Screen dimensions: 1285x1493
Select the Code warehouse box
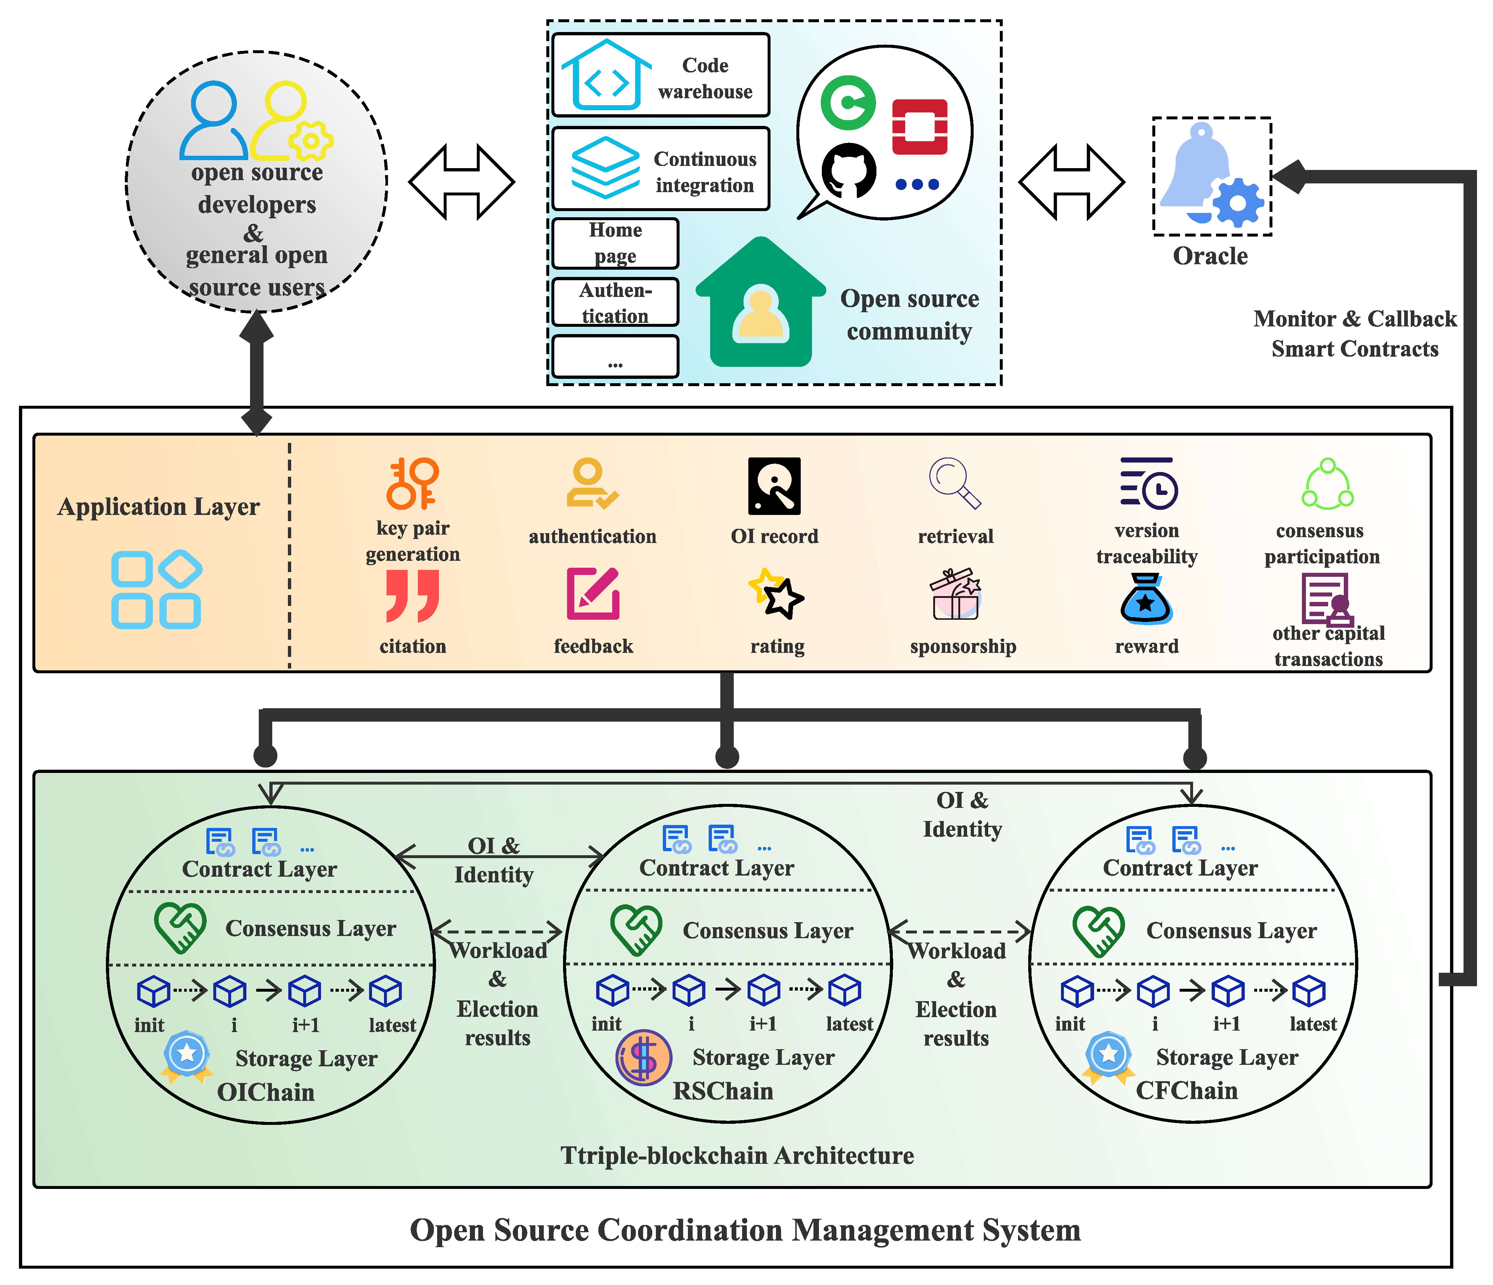(x=660, y=75)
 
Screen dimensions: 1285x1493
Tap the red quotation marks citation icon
(x=412, y=596)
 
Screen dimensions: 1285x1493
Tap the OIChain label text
(x=266, y=1092)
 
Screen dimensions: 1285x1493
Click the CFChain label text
(x=1187, y=1091)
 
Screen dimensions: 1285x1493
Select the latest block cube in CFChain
(x=1309, y=991)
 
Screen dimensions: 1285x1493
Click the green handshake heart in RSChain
(x=635, y=930)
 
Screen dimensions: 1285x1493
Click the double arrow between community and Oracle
(x=1072, y=182)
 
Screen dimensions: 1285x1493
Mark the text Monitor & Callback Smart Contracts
(x=1355, y=333)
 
